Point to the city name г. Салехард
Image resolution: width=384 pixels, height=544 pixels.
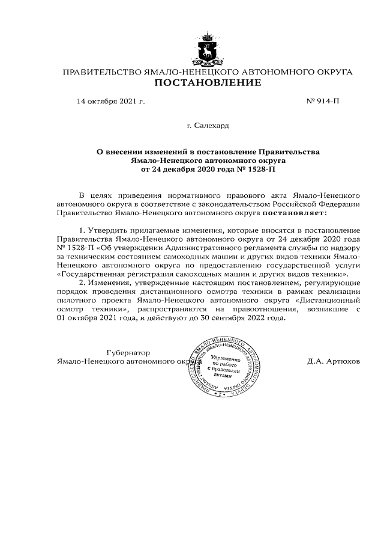(x=208, y=126)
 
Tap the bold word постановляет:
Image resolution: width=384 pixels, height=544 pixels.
(x=294, y=212)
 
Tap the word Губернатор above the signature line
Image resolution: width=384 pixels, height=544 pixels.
(x=127, y=352)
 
